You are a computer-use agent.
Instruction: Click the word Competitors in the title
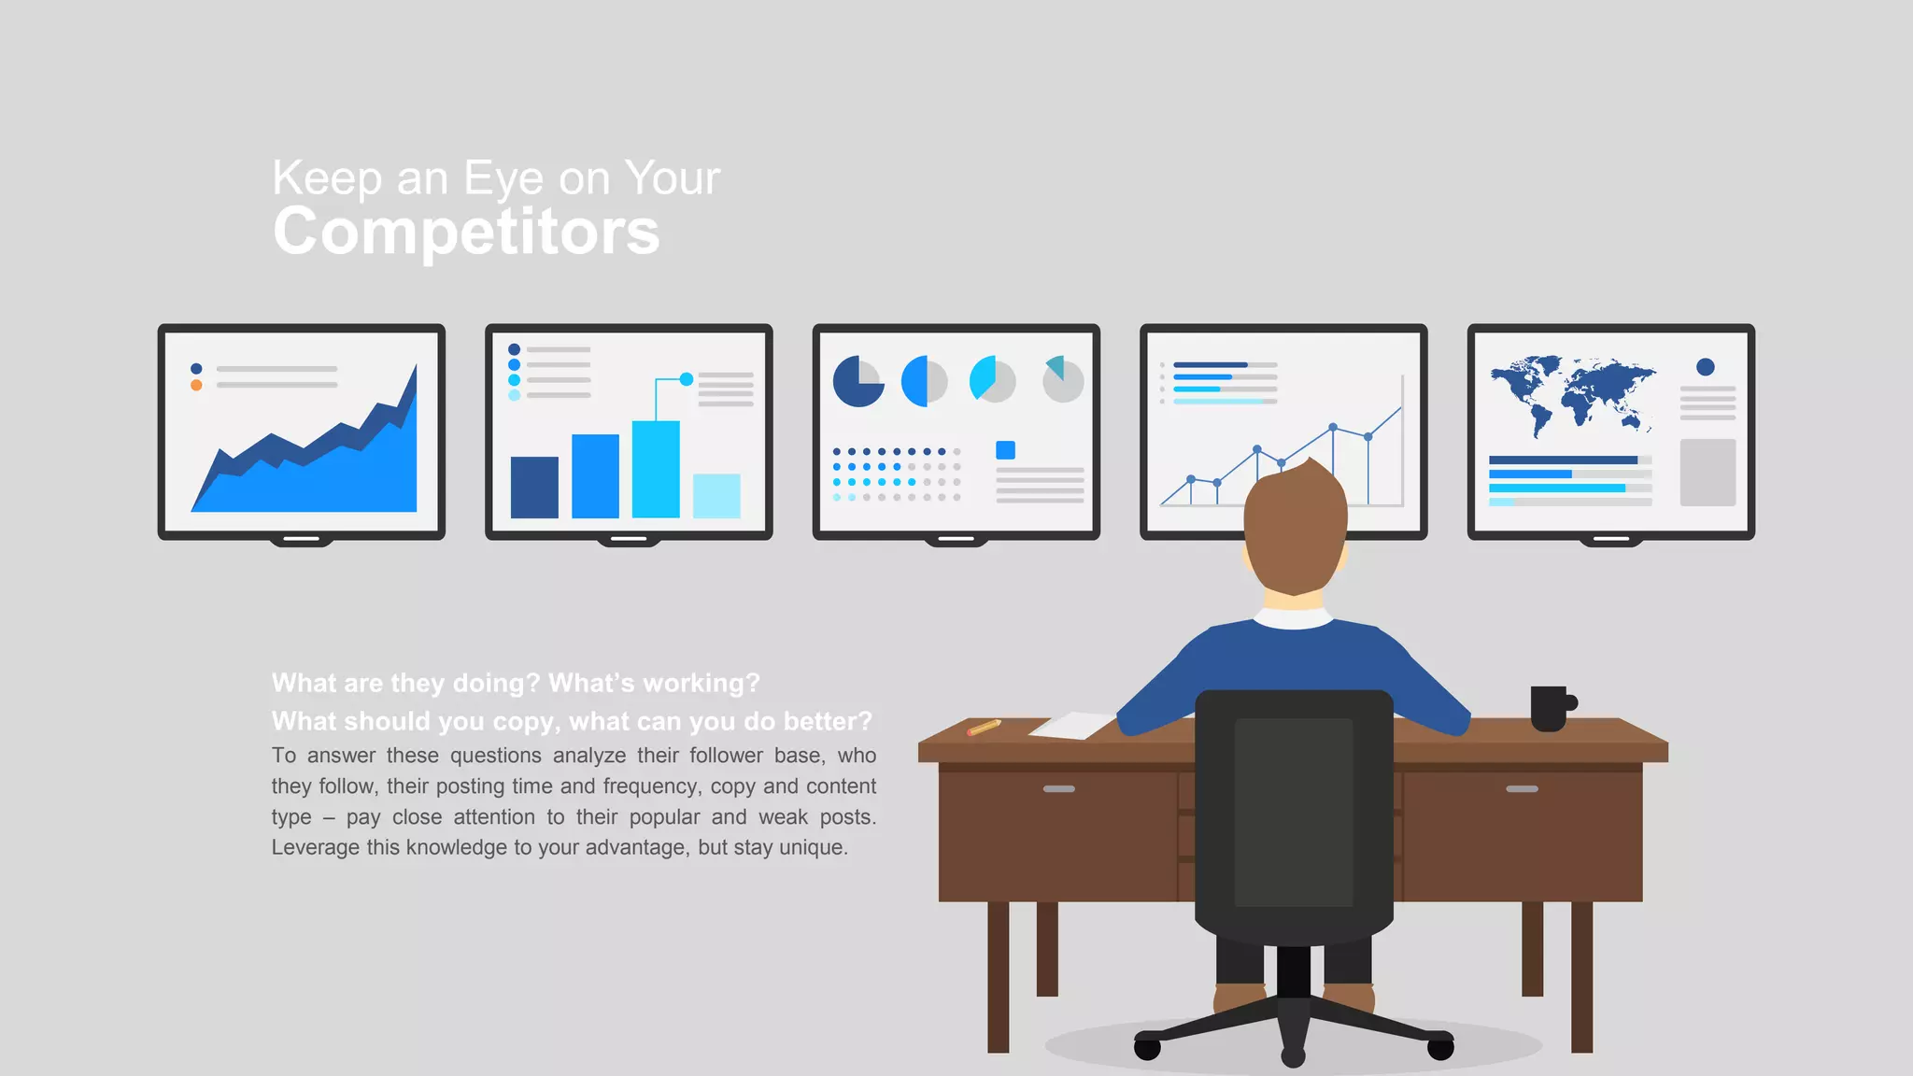coord(466,232)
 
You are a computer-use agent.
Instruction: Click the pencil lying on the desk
coord(984,727)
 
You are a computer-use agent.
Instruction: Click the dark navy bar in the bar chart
coord(534,487)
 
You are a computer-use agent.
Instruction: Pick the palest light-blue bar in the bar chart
coord(716,495)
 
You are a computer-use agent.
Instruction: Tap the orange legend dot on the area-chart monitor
coord(196,385)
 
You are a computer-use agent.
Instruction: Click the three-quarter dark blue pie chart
coord(857,382)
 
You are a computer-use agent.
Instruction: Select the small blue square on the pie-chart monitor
coord(1005,450)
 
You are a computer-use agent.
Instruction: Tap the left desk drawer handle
coord(1058,789)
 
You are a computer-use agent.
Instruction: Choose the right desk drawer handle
coord(1522,789)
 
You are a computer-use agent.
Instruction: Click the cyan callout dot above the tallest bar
coord(687,379)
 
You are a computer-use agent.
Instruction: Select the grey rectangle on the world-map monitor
coord(1708,473)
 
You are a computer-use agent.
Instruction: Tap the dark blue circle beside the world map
coord(1706,367)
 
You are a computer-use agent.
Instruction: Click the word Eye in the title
coord(503,178)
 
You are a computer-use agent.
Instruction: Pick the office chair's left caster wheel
coord(1147,1048)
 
